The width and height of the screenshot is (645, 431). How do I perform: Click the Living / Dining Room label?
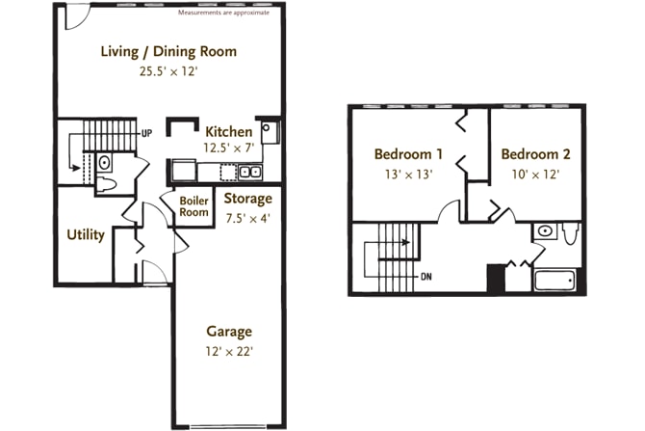click(x=168, y=51)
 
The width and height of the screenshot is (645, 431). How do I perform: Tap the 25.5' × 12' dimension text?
click(x=168, y=71)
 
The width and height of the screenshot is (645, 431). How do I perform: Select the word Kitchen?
click(x=229, y=132)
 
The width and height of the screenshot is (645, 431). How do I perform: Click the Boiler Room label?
click(x=193, y=206)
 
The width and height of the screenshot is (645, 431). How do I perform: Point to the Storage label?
click(x=248, y=199)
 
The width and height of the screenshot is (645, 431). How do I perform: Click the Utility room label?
click(x=86, y=235)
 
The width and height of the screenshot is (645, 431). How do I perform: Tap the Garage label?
click(x=229, y=332)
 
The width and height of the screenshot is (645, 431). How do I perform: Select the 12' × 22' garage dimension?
click(x=229, y=352)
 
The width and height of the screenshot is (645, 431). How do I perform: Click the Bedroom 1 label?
click(x=408, y=154)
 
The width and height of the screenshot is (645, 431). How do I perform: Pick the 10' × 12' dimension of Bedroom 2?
click(x=535, y=175)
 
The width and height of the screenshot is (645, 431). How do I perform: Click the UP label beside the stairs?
click(x=147, y=133)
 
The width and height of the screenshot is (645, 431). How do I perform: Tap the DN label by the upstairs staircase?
click(x=426, y=277)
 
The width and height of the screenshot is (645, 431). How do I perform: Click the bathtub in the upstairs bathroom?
click(x=555, y=281)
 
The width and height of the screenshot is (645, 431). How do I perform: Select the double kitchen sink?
click(x=250, y=172)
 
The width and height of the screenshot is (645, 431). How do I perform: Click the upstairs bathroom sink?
click(x=545, y=231)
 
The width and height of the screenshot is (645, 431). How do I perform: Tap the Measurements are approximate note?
click(x=223, y=13)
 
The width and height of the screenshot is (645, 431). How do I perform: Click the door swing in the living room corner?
click(x=77, y=18)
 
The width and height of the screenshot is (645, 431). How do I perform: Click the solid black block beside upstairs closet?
click(x=496, y=278)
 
